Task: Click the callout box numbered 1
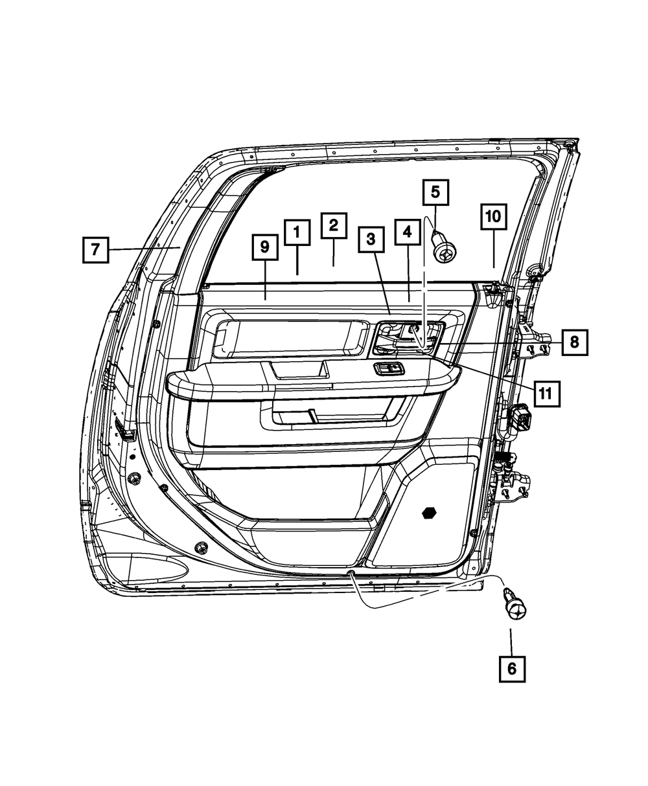pyautogui.click(x=296, y=232)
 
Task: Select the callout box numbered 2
pyautogui.click(x=333, y=225)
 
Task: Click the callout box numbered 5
pyautogui.click(x=435, y=192)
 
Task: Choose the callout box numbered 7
pyautogui.click(x=96, y=249)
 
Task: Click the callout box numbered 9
pyautogui.click(x=265, y=247)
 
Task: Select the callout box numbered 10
pyautogui.click(x=494, y=216)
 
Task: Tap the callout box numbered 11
pyautogui.click(x=546, y=392)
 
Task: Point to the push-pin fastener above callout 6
pyautogui.click(x=515, y=605)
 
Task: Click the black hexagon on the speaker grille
pyautogui.click(x=428, y=513)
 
